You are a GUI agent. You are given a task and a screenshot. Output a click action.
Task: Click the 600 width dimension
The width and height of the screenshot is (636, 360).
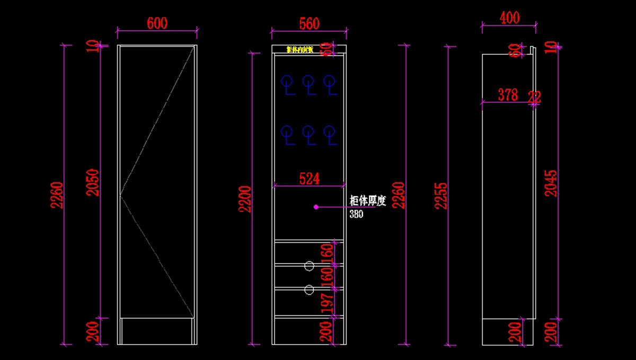pyautogui.click(x=157, y=24)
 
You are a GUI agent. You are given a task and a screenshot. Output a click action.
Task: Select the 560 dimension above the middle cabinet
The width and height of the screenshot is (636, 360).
pyautogui.click(x=309, y=24)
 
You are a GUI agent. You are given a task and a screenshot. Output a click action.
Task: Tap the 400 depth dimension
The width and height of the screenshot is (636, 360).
pyautogui.click(x=509, y=18)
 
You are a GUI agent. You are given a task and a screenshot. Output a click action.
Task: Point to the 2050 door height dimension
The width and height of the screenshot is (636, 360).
pyautogui.click(x=93, y=183)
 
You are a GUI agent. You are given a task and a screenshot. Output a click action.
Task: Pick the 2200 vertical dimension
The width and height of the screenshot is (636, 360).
pyautogui.click(x=244, y=199)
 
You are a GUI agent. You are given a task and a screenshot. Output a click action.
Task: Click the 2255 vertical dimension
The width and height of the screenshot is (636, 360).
pyautogui.click(x=441, y=196)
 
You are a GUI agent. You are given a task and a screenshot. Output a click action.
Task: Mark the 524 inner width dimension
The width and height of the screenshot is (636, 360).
pyautogui.click(x=310, y=179)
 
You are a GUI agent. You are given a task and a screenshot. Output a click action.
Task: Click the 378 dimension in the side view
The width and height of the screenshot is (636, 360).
pyautogui.click(x=508, y=95)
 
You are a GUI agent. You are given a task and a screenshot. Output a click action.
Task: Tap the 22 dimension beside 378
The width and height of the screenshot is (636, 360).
pyautogui.click(x=534, y=96)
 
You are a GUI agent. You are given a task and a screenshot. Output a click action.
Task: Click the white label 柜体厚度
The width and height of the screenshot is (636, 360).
pyautogui.click(x=370, y=201)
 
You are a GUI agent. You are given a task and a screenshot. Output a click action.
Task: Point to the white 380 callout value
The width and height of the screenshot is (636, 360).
pyautogui.click(x=356, y=215)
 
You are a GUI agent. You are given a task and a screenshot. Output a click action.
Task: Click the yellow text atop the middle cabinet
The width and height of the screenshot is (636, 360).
pyautogui.click(x=300, y=50)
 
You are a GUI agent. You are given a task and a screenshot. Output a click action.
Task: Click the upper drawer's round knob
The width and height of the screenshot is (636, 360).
pyautogui.click(x=309, y=266)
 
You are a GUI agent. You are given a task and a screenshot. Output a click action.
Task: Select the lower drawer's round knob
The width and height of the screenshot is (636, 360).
pyautogui.click(x=309, y=289)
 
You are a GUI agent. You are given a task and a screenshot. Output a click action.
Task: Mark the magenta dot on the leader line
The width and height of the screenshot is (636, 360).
pyautogui.click(x=316, y=207)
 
